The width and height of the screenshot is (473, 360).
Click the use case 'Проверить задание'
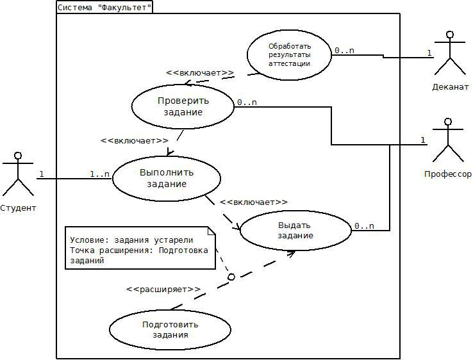tap(183, 106)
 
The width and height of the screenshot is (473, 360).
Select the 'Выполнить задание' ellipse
tap(167, 177)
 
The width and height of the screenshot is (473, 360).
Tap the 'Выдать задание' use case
tap(295, 230)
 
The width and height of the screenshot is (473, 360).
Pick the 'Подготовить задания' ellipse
tap(170, 329)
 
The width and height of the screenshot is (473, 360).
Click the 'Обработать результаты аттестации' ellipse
tap(289, 54)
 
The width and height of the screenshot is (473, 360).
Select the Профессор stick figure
tap(447, 140)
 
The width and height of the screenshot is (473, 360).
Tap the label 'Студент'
tap(18, 208)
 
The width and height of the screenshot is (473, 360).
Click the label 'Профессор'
tap(447, 174)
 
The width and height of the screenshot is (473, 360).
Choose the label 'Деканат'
tap(450, 86)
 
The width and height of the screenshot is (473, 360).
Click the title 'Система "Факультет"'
tap(104, 8)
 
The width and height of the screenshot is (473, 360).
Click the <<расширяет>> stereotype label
tap(163, 289)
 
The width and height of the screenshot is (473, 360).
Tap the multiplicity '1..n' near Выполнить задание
tap(99, 174)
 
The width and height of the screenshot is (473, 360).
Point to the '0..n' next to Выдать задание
tap(364, 225)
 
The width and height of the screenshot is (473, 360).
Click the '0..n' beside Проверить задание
tap(247, 102)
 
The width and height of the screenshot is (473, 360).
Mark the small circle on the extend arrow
tap(231, 277)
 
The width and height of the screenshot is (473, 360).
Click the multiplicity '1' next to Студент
tap(42, 174)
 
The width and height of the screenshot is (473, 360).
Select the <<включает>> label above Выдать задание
tap(253, 202)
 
